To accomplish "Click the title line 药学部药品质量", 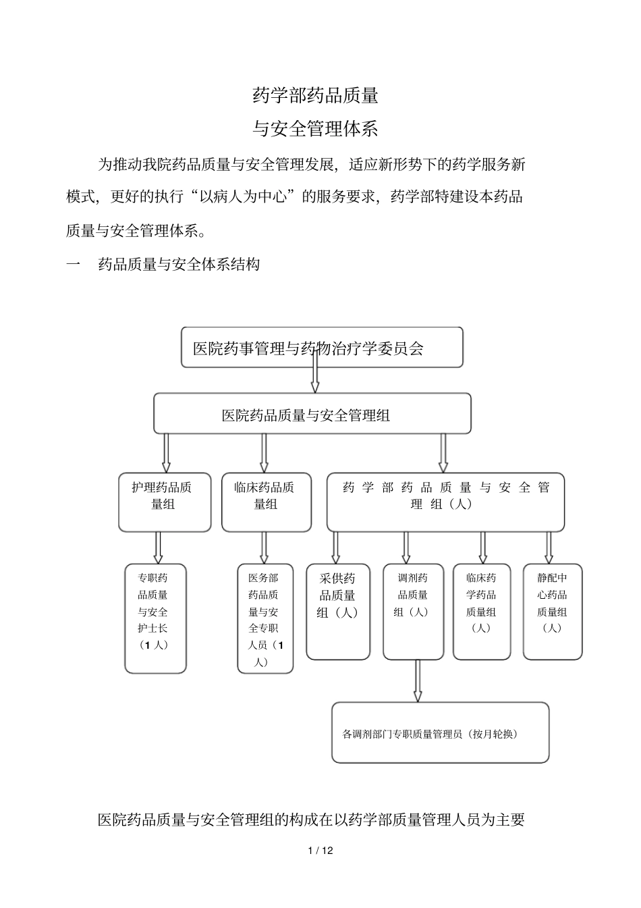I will [x=315, y=96].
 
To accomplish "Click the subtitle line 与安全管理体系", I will [x=315, y=128].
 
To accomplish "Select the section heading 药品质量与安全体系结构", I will [x=179, y=265].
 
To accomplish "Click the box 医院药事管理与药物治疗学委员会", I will [x=322, y=348].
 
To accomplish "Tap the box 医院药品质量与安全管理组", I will [x=312, y=414].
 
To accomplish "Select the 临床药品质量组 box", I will [x=266, y=502].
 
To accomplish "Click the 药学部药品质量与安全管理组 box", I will [x=445, y=502].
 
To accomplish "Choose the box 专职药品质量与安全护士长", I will [x=155, y=618].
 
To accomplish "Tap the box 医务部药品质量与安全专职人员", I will [x=265, y=618].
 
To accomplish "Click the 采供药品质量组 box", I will [x=337, y=611].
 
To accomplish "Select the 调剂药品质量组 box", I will [x=413, y=611].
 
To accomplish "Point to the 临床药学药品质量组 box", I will [x=481, y=611].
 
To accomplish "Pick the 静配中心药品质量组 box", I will [x=552, y=611].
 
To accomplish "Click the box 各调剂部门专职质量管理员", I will [x=440, y=732].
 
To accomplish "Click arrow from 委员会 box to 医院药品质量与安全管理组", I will [x=315, y=371].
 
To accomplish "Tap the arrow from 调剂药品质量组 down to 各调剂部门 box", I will [x=418, y=680].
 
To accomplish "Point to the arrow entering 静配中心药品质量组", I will [x=549, y=547].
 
